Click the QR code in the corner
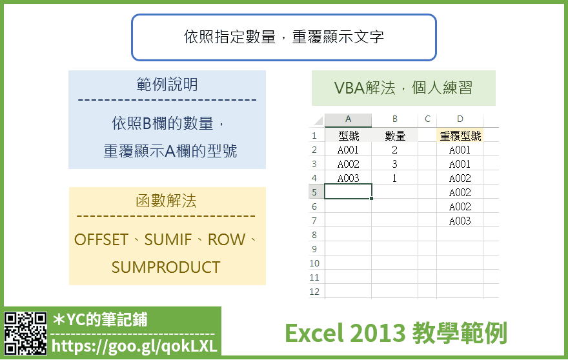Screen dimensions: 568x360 click(25, 333)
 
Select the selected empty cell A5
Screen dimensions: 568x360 click(348, 192)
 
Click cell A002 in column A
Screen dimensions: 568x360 click(348, 164)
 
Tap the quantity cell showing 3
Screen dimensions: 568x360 click(394, 164)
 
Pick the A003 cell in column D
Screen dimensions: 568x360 click(460, 221)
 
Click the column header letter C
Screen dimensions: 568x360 click(427, 119)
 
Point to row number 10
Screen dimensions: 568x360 click(314, 263)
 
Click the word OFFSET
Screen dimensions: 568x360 click(101, 239)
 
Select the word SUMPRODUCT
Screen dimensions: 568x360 click(166, 267)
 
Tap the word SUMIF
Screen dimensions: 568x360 click(168, 239)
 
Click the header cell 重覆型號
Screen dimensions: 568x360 click(460, 136)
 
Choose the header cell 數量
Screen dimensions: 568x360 click(395, 136)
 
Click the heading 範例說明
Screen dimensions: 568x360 click(167, 85)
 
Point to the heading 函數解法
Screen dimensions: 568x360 click(167, 201)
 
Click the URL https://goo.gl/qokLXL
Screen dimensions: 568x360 click(134, 346)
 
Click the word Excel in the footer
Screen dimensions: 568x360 click(314, 333)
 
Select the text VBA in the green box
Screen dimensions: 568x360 click(349, 88)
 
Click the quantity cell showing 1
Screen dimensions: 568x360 click(394, 178)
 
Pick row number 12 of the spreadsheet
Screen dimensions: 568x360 click(314, 292)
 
